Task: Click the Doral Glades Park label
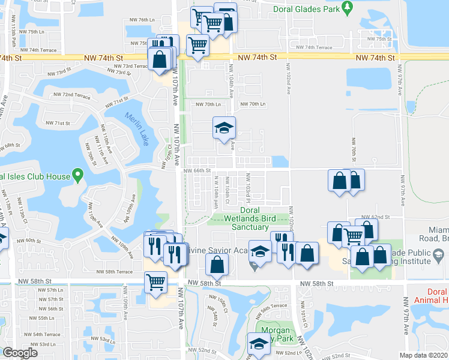[x=306, y=9]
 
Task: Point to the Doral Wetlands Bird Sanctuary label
[x=249, y=218]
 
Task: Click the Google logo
[x=20, y=353]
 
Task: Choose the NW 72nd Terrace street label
[x=71, y=95]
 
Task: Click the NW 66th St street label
[x=197, y=170]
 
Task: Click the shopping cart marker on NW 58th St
[x=156, y=281]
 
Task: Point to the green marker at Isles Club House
[x=77, y=176]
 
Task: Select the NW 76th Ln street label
[x=142, y=20]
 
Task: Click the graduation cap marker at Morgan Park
[x=259, y=344]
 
